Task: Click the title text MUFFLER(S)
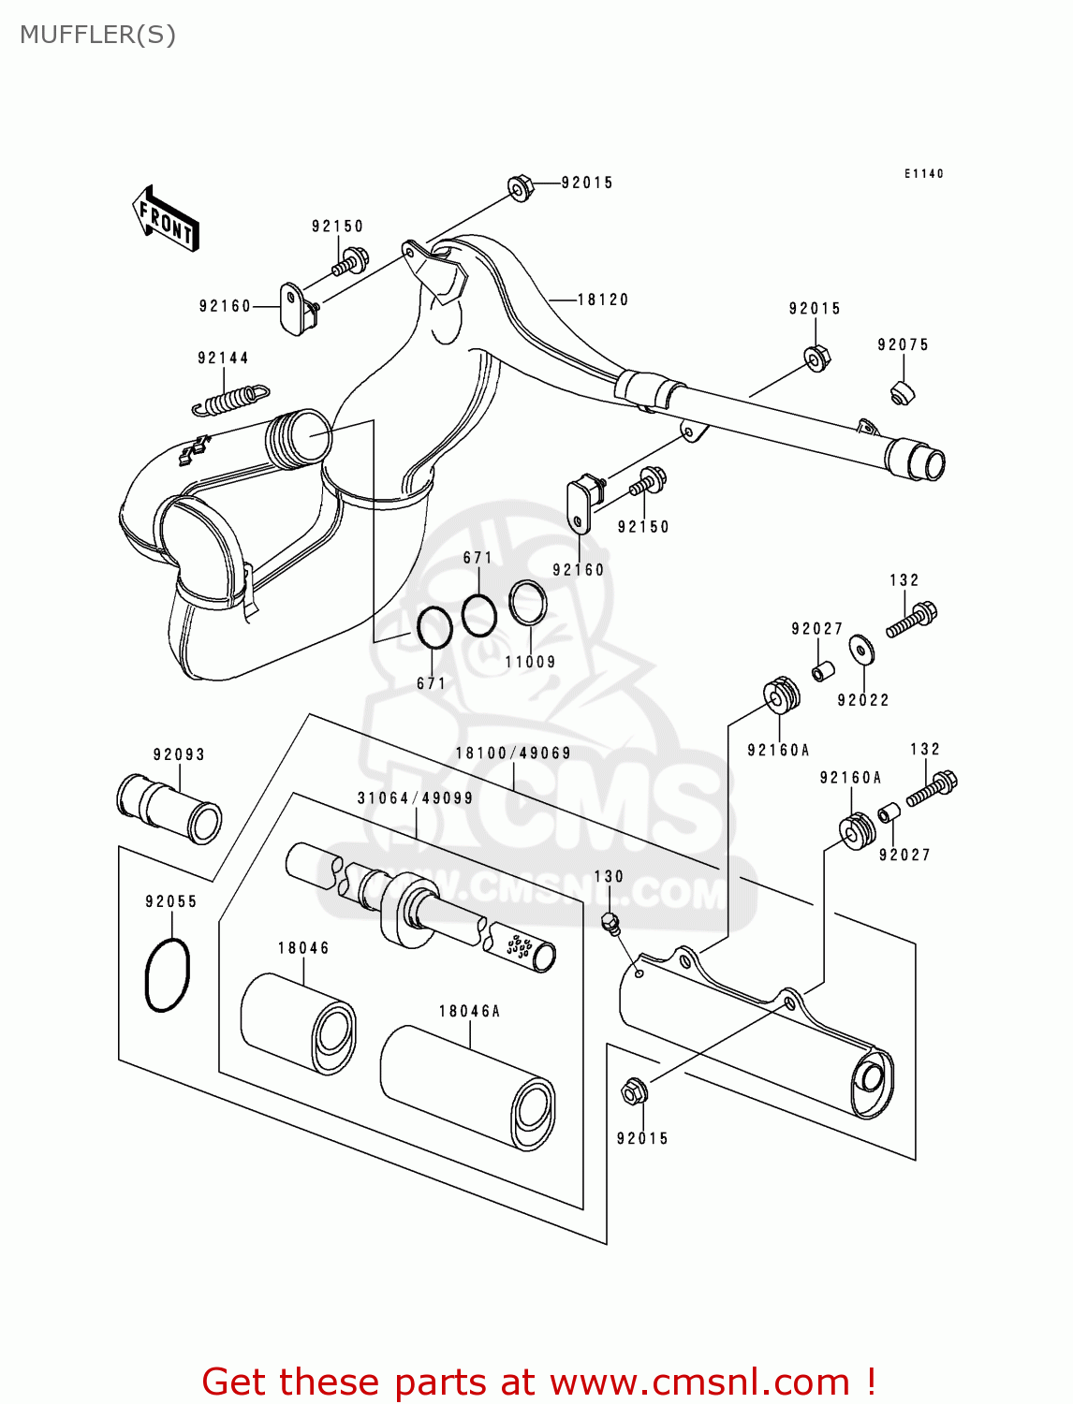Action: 97,35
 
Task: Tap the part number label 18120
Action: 602,300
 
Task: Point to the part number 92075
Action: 903,344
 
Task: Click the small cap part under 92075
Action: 902,392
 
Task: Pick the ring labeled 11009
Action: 528,603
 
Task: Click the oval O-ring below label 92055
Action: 168,974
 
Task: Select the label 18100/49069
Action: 513,753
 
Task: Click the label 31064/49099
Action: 415,797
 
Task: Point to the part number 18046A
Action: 469,1011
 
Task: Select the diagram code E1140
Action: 923,173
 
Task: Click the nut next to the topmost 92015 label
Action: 521,187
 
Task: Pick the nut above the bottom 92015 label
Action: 634,1090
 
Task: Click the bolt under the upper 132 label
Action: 912,619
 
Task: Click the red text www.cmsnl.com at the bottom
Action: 698,1382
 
